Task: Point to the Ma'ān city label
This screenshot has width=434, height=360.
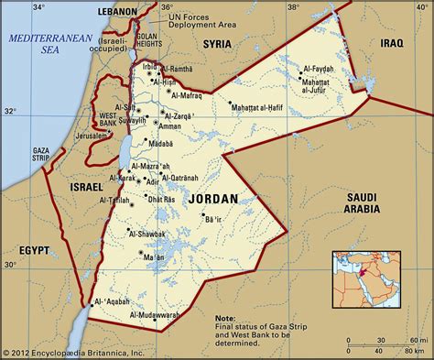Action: pos(154,259)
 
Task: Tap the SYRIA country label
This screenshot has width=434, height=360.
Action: pos(216,42)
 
